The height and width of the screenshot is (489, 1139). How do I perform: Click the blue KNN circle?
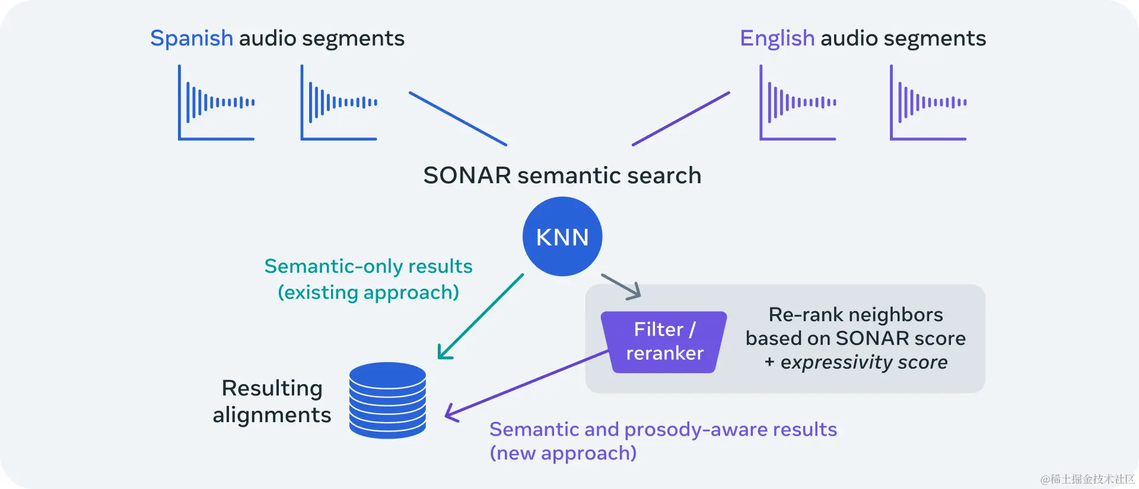click(x=562, y=236)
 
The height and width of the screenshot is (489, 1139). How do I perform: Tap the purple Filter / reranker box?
click(x=664, y=342)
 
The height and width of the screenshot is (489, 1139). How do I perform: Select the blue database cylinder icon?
click(x=387, y=401)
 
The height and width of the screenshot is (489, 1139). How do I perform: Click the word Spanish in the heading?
click(x=192, y=39)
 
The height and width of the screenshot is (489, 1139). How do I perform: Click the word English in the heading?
click(x=777, y=39)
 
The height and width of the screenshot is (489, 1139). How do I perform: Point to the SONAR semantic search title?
click(x=562, y=175)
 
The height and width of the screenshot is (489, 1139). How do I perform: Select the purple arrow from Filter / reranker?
click(x=528, y=382)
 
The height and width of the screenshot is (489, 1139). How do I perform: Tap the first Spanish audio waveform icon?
click(x=217, y=103)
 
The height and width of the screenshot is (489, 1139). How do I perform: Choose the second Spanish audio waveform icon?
click(x=339, y=103)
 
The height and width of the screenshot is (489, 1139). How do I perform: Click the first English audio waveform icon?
click(x=798, y=103)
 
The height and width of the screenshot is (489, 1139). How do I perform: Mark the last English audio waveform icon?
click(x=928, y=103)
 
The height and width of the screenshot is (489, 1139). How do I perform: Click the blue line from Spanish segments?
click(x=458, y=119)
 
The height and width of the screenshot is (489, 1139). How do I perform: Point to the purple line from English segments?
click(x=681, y=119)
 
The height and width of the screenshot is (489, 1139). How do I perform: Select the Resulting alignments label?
click(x=272, y=401)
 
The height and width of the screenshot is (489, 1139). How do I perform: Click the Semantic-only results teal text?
click(x=368, y=266)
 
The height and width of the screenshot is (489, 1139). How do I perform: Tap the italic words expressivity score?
click(x=864, y=362)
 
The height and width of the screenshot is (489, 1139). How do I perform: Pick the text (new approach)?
click(x=563, y=453)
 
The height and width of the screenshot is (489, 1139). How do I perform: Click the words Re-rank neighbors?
click(x=855, y=314)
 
